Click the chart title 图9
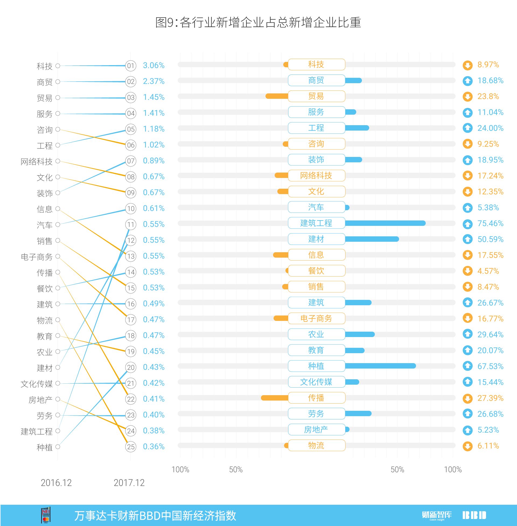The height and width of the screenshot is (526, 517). pos(258,22)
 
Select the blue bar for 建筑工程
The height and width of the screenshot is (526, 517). pos(385,223)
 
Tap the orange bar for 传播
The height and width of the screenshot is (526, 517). pos(274,398)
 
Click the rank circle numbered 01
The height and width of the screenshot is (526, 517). pos(131,66)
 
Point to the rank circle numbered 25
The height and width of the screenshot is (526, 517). pos(131,447)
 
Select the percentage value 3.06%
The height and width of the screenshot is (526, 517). pos(154,65)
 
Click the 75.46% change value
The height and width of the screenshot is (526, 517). pos(490,223)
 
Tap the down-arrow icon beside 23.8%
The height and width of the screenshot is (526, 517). pos(467,97)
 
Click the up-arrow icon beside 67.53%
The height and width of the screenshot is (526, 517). pos(467,366)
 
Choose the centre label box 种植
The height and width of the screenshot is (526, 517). pos(316,366)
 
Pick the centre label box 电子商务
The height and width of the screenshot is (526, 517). pos(316,318)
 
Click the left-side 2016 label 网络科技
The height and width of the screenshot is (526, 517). pos(37,162)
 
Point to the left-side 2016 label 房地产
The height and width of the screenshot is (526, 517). pos(40,400)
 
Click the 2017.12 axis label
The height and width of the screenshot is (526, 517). pos(129,483)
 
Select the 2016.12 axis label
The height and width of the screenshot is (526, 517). pos(56,483)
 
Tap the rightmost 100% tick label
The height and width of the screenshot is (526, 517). pos(453,469)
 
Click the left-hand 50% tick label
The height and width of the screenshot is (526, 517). pos(236,469)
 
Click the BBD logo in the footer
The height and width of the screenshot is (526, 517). pos(474,515)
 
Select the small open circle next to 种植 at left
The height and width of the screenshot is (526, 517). pos(58,447)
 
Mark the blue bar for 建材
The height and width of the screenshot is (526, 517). pos(372,239)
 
